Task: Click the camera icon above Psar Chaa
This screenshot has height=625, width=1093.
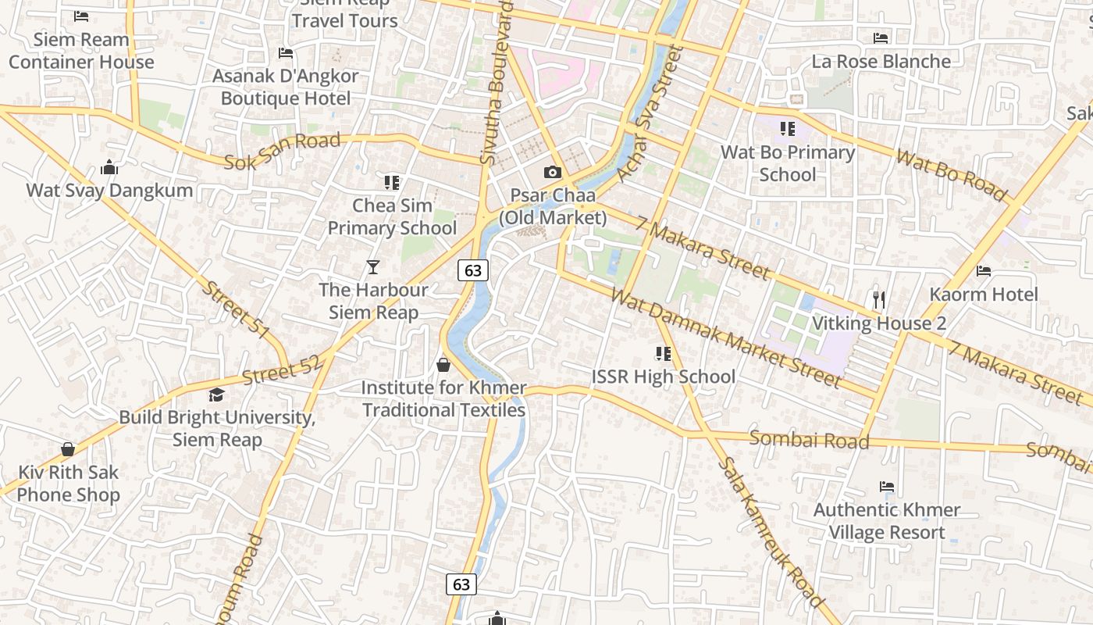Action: tap(553, 172)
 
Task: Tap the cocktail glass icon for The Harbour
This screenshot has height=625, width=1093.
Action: tap(373, 267)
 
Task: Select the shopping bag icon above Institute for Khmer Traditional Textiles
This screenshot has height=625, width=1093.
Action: tap(443, 365)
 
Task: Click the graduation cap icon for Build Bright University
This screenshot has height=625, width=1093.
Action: tap(216, 395)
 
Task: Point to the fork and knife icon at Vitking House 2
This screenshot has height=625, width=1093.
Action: tap(879, 299)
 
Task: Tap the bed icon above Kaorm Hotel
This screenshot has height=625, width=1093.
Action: tap(984, 271)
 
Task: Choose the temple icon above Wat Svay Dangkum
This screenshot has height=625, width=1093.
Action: tap(109, 167)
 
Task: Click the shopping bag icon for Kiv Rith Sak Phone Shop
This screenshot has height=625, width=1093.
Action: tap(68, 449)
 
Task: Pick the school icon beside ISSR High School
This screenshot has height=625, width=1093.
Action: tap(664, 354)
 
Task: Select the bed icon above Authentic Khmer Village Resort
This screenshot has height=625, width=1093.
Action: tap(887, 487)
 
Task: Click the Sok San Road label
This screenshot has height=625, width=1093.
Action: tap(283, 151)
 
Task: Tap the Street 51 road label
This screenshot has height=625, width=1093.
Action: tap(235, 309)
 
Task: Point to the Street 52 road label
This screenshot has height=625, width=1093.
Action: tap(281, 370)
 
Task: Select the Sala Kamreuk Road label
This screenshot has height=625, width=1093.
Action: tap(770, 531)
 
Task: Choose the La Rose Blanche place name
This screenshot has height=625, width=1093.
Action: tap(881, 61)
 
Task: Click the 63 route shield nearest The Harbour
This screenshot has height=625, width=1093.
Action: tap(472, 270)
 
